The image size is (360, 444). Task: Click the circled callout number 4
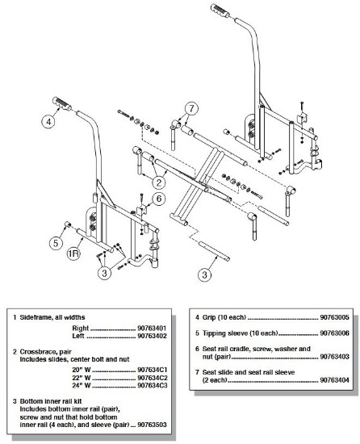(49, 121)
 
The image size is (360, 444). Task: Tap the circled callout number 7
(191, 108)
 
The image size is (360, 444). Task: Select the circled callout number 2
(159, 182)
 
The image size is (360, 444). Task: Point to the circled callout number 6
(159, 199)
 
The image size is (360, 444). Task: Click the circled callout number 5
(56, 243)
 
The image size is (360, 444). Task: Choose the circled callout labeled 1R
(73, 253)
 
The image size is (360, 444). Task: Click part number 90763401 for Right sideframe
(152, 329)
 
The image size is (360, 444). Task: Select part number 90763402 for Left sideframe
(152, 336)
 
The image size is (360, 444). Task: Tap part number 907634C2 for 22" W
(153, 378)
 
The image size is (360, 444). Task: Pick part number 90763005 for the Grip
(334, 317)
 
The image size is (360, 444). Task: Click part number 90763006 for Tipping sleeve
(334, 333)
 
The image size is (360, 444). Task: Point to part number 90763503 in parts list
(152, 425)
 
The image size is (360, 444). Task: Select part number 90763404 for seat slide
(334, 380)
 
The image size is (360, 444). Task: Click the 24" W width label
(82, 385)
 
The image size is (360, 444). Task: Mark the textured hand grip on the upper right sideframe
(222, 10)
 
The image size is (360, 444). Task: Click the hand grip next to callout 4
(61, 103)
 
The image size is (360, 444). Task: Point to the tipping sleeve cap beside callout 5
(68, 224)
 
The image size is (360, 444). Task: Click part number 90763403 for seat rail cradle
(334, 357)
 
